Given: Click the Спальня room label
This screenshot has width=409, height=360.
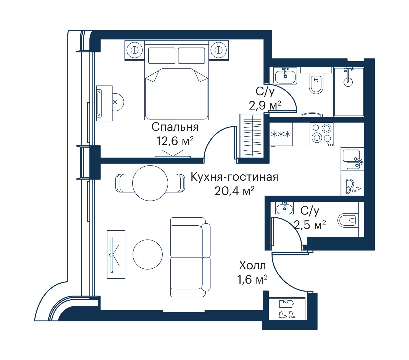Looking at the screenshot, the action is pyautogui.click(x=175, y=127).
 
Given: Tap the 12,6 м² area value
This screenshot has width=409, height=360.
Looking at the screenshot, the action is pyautogui.click(x=175, y=141).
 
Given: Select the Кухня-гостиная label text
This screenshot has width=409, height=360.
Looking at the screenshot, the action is pyautogui.click(x=234, y=177).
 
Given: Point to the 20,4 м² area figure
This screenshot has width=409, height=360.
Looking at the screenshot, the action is pyautogui.click(x=234, y=191).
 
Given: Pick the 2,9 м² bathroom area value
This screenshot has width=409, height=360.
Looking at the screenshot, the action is pyautogui.click(x=265, y=105).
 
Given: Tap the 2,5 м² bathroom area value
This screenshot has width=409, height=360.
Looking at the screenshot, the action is pyautogui.click(x=310, y=225).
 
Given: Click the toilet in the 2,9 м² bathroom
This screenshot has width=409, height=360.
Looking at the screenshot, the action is pyautogui.click(x=316, y=84).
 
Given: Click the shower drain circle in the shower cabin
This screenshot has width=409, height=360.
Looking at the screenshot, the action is pyautogui.click(x=348, y=82).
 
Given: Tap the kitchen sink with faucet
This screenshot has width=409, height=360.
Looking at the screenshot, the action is pyautogui.click(x=352, y=159).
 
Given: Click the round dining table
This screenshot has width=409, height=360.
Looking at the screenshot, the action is pyautogui.click(x=150, y=183).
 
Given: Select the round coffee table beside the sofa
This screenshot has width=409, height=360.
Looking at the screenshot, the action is pyautogui.click(x=147, y=254).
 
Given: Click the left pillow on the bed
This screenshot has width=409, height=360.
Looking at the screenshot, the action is pyautogui.click(x=162, y=56).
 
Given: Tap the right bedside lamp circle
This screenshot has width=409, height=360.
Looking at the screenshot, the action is pyautogui.click(x=218, y=50).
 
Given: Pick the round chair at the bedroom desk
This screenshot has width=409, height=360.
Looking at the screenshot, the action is pyautogui.click(x=117, y=102).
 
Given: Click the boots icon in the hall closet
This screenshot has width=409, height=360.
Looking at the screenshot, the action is pyautogui.click(x=287, y=314).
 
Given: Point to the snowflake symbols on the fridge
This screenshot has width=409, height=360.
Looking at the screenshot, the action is pyautogui.click(x=281, y=134).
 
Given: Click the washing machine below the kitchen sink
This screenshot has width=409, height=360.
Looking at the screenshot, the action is pyautogui.click(x=352, y=185).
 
